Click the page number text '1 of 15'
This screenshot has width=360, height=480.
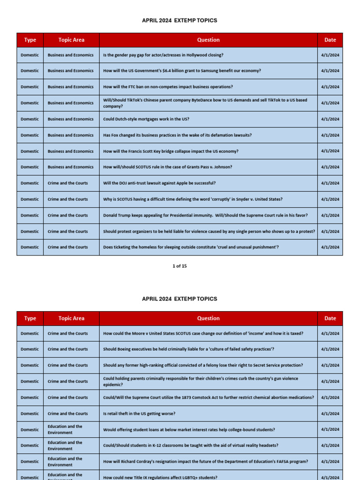180,266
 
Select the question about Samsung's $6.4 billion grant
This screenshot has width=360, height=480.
182,71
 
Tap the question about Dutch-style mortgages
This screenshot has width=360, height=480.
146,119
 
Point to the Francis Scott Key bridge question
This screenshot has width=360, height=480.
171,151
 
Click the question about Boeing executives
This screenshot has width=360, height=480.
188,349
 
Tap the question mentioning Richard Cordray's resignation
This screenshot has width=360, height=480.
205,462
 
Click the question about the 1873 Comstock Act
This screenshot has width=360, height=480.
208,397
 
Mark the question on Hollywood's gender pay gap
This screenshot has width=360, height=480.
163,55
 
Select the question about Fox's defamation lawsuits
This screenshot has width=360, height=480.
177,135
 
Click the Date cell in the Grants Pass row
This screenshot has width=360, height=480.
330,167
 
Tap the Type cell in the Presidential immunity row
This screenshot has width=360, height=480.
30,216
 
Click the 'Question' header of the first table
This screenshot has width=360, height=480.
208,40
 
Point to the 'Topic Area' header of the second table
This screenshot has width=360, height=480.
71,319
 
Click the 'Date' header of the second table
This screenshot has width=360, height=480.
330,319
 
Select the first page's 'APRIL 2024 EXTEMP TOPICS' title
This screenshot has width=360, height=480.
180,21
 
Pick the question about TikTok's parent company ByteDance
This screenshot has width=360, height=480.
205,103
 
